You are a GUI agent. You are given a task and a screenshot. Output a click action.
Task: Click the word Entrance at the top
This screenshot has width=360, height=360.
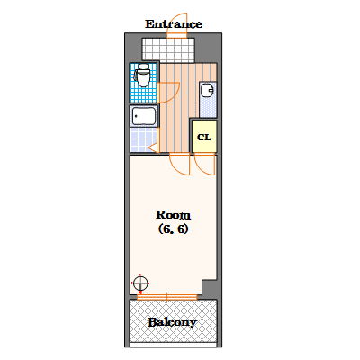coord(174,24)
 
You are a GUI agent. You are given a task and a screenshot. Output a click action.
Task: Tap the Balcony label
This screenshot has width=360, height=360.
coord(173,322)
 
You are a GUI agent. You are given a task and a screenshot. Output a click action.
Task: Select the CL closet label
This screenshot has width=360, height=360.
coord(204,138)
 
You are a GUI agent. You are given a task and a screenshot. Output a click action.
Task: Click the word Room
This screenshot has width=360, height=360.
coord(173,215)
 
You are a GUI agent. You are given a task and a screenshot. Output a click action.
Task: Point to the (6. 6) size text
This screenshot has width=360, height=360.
coord(173,229)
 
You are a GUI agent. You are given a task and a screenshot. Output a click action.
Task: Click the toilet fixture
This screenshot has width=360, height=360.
coord(143,75)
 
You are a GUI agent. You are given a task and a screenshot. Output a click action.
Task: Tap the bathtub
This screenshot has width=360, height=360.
coord(144,116)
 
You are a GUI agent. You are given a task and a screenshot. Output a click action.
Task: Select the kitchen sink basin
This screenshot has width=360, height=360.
coord(208,91)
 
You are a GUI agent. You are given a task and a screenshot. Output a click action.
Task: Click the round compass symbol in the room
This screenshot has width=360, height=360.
coord(140,283)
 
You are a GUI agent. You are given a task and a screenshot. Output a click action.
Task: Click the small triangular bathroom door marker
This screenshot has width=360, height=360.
coord(154,148)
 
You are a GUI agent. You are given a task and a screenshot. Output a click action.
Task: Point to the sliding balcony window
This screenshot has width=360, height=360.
coord(167,297)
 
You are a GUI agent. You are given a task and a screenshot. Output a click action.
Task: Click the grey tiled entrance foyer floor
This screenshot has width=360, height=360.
coord(168,49)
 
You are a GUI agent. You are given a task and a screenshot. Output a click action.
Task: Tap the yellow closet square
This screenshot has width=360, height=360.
coord(204,136)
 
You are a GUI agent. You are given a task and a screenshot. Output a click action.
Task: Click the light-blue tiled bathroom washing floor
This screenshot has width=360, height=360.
coord(143,139)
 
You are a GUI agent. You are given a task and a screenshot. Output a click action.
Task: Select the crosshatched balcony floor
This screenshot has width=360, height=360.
coord(173,321)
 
